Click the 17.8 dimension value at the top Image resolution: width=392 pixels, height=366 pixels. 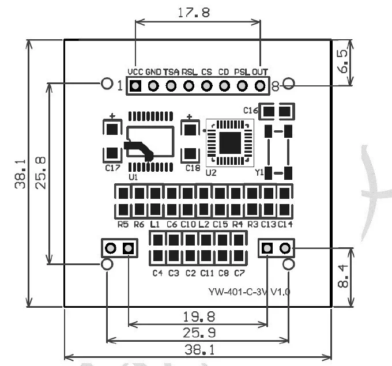point(194,13)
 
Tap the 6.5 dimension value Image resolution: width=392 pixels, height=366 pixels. point(343,61)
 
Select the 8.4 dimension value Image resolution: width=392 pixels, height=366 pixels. point(343,276)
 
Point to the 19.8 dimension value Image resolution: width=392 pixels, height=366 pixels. point(199,317)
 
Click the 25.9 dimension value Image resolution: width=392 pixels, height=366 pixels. point(199,333)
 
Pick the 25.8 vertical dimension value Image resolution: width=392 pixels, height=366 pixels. point(40,173)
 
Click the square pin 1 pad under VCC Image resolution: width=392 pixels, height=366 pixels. point(135,86)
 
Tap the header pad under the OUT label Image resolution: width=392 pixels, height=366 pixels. point(260,86)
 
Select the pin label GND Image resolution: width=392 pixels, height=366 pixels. point(153,72)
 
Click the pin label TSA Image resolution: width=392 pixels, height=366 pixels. point(171,72)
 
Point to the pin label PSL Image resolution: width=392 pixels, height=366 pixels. point(242,72)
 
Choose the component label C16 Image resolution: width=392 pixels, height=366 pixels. point(251,110)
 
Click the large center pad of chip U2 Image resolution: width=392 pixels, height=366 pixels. point(230,143)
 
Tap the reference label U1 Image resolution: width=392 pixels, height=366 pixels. point(133,177)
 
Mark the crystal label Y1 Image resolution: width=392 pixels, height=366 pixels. point(259,172)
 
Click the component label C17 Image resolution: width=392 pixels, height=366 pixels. point(113,168)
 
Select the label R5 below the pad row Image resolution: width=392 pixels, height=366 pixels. point(123,224)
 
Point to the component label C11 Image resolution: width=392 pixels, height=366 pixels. point(207,273)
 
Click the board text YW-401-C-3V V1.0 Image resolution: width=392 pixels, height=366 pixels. point(250,292)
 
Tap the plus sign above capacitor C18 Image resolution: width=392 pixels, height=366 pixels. point(190,117)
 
